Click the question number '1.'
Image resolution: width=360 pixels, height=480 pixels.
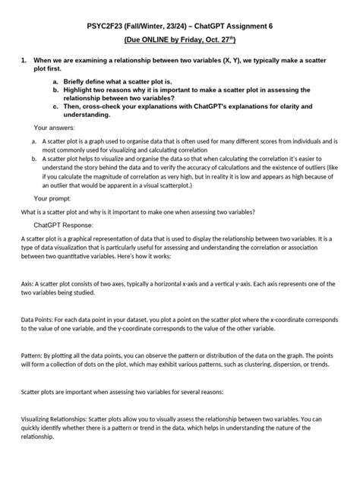[24, 59]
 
